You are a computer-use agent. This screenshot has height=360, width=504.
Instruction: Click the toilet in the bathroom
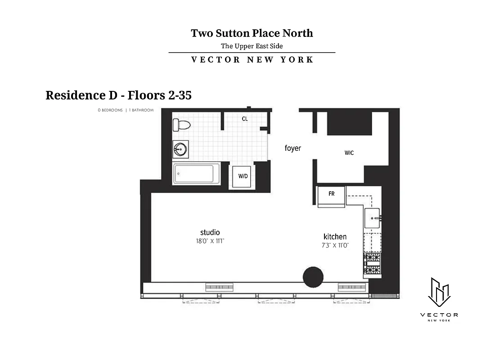pyautogui.click(x=182, y=124)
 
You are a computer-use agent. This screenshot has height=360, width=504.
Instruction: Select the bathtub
pyautogui.click(x=196, y=174)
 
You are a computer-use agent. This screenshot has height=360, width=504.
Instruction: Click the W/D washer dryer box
pyautogui.click(x=243, y=176)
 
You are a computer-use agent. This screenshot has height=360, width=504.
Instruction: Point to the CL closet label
pyautogui.click(x=245, y=119)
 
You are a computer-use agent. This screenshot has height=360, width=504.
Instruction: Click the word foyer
pyautogui.click(x=292, y=148)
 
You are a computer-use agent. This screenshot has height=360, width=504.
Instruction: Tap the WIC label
pyautogui.click(x=349, y=153)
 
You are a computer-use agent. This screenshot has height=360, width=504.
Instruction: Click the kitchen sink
pyautogui.click(x=373, y=218)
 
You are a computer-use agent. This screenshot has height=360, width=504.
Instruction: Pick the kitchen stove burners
pyautogui.click(x=372, y=264)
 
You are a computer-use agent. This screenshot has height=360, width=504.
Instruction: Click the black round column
pyautogui.click(x=313, y=277)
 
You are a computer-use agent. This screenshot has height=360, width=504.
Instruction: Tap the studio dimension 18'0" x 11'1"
pyautogui.click(x=210, y=241)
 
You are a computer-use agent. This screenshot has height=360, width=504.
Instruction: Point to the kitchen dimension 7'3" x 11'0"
pyautogui.click(x=336, y=245)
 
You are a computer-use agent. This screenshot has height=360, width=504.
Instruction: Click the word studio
pyautogui.click(x=210, y=232)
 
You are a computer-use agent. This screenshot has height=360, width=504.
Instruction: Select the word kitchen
pyautogui.click(x=335, y=237)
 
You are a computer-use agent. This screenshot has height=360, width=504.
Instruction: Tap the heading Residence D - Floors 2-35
pyautogui.click(x=119, y=95)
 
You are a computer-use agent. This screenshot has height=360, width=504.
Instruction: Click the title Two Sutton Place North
pyautogui.click(x=252, y=33)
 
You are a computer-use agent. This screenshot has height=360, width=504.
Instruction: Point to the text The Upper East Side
pyautogui.click(x=252, y=46)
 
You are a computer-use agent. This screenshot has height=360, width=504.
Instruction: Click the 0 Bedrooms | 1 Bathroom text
pyautogui.click(x=126, y=110)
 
